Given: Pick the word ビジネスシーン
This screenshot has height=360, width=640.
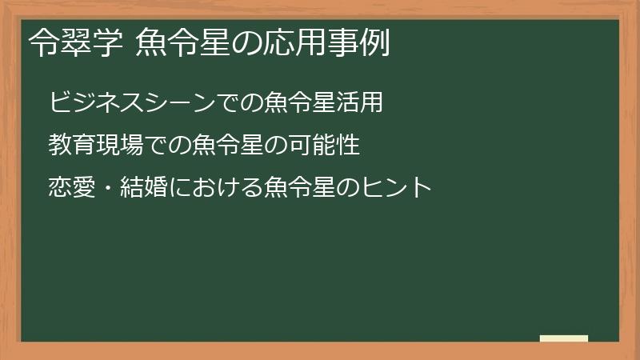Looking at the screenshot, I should point(132,103).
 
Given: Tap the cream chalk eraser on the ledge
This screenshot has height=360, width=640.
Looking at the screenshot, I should point(563,338).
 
